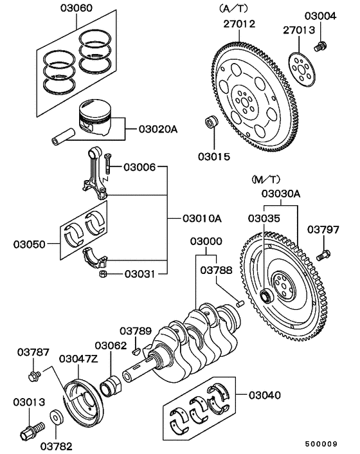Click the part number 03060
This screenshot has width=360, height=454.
click(x=76, y=9)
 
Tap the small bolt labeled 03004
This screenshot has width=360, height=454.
click(x=319, y=46)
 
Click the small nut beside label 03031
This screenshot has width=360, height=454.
click(x=102, y=275)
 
